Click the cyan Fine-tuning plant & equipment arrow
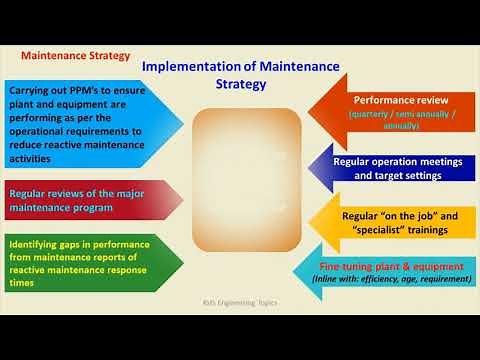[390, 272]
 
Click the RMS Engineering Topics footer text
[240, 302]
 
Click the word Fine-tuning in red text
[348, 267]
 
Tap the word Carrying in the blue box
[34, 90]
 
